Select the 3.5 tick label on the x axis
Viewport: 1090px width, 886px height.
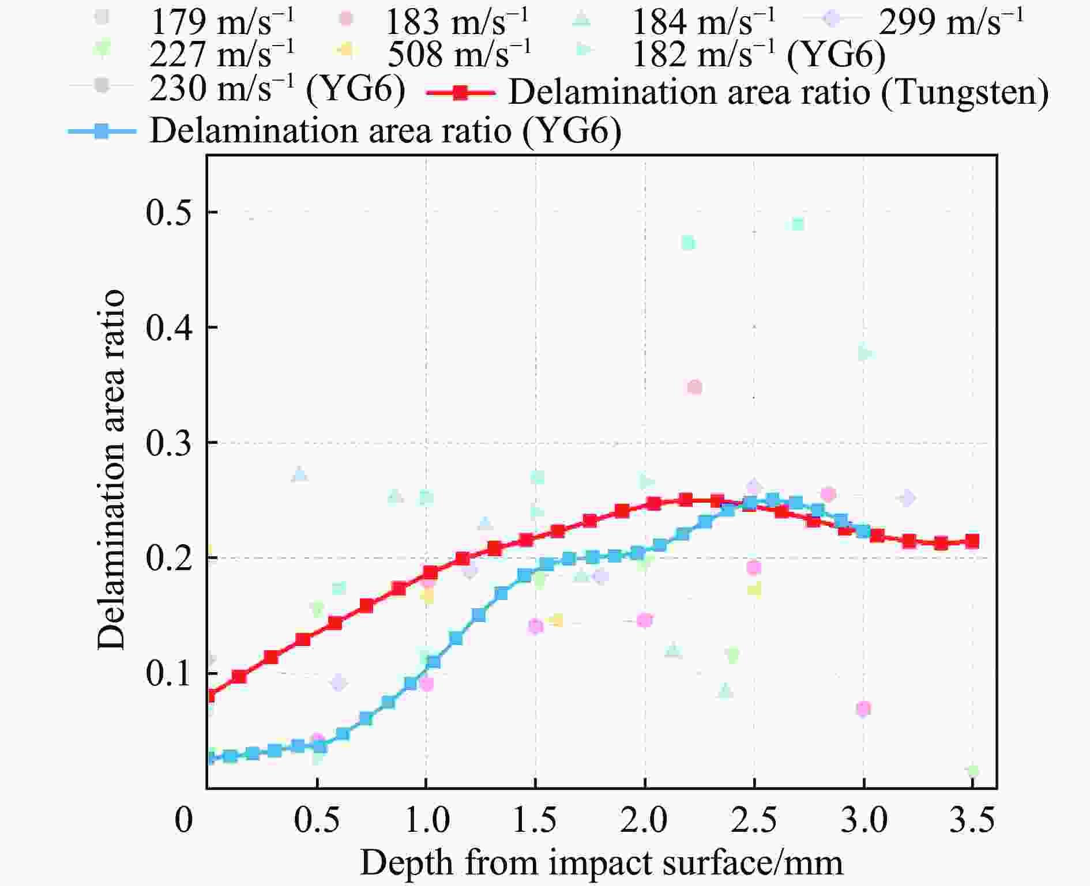(972, 820)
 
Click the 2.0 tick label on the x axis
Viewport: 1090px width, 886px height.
(644, 820)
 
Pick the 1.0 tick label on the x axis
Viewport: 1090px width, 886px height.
(426, 820)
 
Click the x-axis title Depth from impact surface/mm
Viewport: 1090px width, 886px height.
(601, 863)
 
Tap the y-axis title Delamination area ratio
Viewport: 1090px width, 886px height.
(111, 470)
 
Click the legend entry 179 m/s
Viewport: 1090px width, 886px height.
(222, 22)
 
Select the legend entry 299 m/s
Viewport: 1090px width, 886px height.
(950, 22)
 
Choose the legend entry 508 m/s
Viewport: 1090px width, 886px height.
(458, 55)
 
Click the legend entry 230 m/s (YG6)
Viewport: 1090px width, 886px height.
(277, 89)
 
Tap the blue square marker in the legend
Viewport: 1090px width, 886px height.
(102, 131)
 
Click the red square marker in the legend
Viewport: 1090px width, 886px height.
(460, 93)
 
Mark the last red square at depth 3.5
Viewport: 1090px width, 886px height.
(972, 541)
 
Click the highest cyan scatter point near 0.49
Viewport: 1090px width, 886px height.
(798, 224)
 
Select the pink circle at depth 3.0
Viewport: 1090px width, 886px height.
(863, 708)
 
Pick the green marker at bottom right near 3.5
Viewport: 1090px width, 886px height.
(973, 771)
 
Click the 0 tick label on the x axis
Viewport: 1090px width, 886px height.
(183, 820)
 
